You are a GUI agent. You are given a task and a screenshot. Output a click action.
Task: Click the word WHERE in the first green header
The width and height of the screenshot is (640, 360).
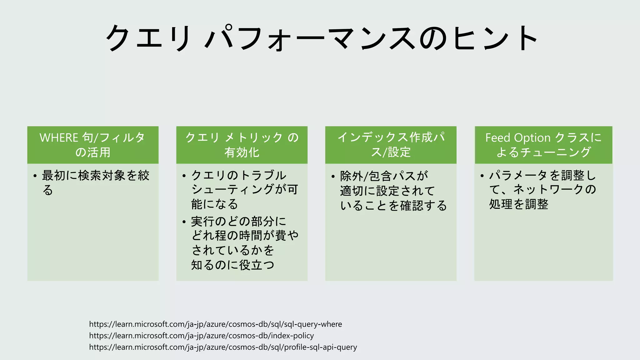(x=59, y=138)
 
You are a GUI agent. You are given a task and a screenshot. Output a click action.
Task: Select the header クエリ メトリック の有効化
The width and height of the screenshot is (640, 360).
(x=242, y=145)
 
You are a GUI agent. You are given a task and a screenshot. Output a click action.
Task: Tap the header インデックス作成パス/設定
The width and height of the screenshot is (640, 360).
(x=391, y=145)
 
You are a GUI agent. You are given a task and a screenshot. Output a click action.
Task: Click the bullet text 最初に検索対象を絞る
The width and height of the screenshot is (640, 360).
(x=95, y=182)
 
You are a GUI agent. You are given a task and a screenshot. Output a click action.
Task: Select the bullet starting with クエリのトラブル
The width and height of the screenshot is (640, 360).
(x=244, y=189)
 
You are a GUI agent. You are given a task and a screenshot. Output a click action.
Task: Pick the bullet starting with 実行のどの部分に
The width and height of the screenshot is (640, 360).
(x=244, y=243)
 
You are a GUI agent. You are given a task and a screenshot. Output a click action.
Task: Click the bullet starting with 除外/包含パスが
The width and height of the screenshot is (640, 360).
(x=393, y=191)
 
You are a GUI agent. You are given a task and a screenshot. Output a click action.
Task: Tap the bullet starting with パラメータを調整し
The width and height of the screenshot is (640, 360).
(x=542, y=189)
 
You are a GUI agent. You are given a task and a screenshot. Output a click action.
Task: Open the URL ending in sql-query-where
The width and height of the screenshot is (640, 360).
(x=215, y=324)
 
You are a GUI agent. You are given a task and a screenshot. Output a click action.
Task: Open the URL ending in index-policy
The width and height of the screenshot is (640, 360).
(x=201, y=336)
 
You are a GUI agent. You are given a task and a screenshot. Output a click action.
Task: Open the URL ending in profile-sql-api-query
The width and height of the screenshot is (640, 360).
(x=223, y=347)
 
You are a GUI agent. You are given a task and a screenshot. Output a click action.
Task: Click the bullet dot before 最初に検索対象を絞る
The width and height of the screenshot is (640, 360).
(x=35, y=176)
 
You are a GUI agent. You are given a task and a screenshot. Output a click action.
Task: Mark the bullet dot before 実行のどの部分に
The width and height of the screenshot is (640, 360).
(x=184, y=222)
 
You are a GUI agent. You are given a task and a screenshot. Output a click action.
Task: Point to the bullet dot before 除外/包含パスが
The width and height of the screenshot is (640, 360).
(x=333, y=177)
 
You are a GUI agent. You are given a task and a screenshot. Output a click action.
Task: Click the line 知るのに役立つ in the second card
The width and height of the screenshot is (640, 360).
(x=232, y=265)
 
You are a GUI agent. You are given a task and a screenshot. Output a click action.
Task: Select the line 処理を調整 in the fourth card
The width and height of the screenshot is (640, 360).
(x=518, y=204)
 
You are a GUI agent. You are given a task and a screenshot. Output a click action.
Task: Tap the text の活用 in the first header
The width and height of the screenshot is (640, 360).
(x=93, y=152)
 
